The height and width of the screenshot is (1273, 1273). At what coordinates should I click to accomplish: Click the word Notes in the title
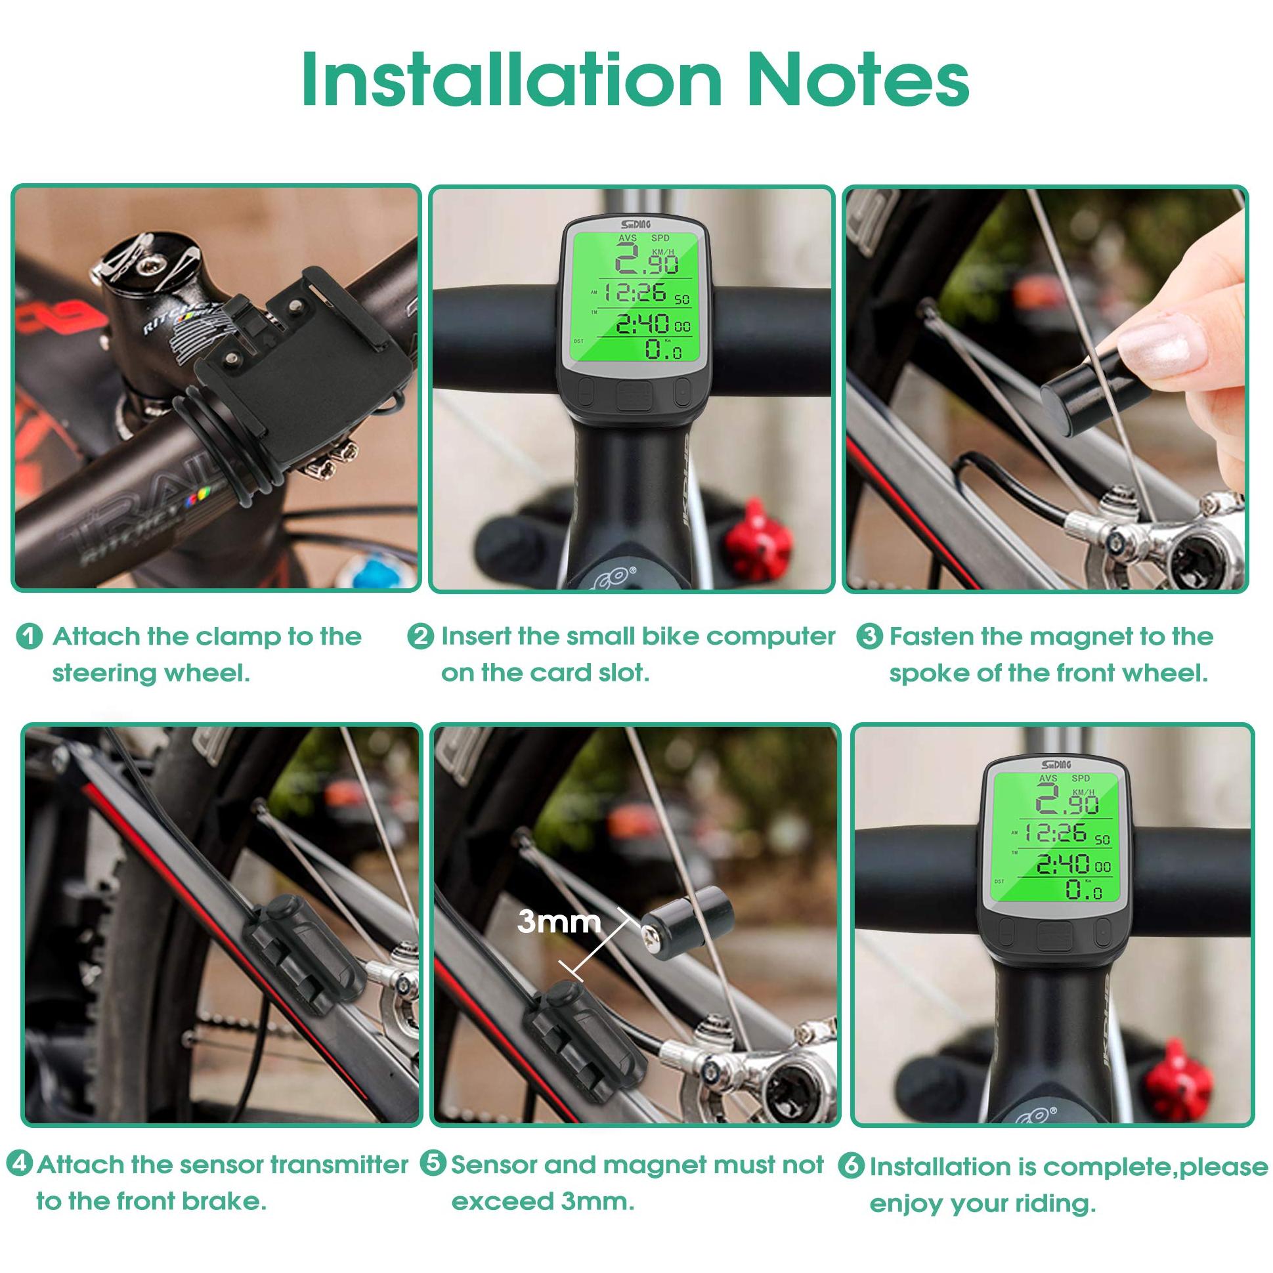pyautogui.click(x=857, y=80)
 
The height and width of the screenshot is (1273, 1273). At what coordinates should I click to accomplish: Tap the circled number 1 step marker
pyautogui.click(x=29, y=637)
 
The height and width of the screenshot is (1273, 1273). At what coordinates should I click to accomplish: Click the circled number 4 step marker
pyautogui.click(x=20, y=1163)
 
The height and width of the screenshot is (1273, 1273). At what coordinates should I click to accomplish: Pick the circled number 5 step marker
pyautogui.click(x=433, y=1163)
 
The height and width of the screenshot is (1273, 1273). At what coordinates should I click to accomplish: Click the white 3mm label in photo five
pyautogui.click(x=559, y=921)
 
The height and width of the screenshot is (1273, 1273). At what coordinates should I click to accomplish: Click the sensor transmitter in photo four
pyautogui.click(x=305, y=953)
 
